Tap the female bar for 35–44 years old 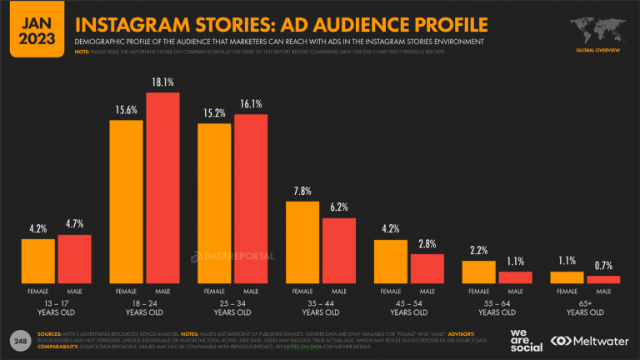[x=303, y=242]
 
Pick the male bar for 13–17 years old [x=74, y=259]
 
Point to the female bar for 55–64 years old [x=478, y=272]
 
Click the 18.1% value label [x=163, y=82]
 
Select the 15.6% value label [x=127, y=110]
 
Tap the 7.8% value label [x=302, y=192]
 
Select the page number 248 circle [x=18, y=342]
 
